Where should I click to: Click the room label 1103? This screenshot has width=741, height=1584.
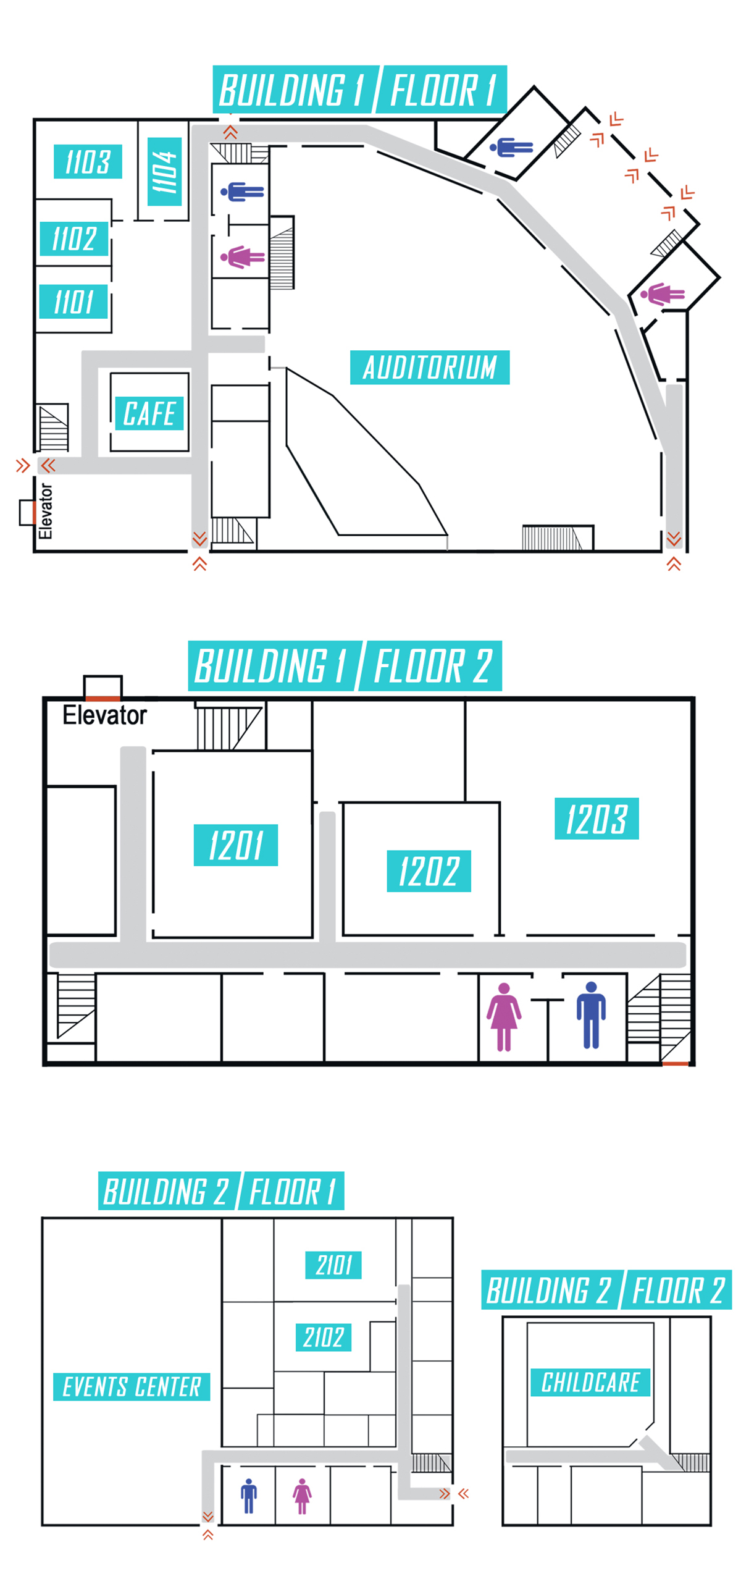(88, 161)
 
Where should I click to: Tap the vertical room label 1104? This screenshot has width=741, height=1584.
(164, 172)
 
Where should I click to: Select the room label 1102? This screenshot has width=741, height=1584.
(74, 238)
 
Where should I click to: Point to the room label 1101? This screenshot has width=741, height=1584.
(73, 301)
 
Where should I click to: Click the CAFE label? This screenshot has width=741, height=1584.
(149, 413)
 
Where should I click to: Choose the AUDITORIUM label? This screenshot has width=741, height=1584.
(429, 368)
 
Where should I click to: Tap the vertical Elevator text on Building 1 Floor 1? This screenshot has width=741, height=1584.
(45, 511)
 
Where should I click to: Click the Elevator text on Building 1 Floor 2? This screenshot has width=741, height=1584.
(105, 715)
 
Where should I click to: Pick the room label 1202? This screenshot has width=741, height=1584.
(429, 871)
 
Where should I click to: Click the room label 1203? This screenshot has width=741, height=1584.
(597, 819)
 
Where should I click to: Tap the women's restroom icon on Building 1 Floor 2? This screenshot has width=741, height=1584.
(504, 1017)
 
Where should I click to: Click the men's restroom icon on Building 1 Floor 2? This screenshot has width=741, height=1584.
(591, 1015)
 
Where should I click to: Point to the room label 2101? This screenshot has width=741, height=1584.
(333, 1265)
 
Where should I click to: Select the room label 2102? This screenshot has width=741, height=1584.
(324, 1337)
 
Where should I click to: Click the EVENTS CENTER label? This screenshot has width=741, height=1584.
(132, 1386)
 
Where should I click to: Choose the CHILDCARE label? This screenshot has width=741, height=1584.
(590, 1382)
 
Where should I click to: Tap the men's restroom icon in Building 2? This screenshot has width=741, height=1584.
(249, 1496)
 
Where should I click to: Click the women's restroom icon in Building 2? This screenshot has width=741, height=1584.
(302, 1496)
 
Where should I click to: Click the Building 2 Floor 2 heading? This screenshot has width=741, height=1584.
(606, 1290)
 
